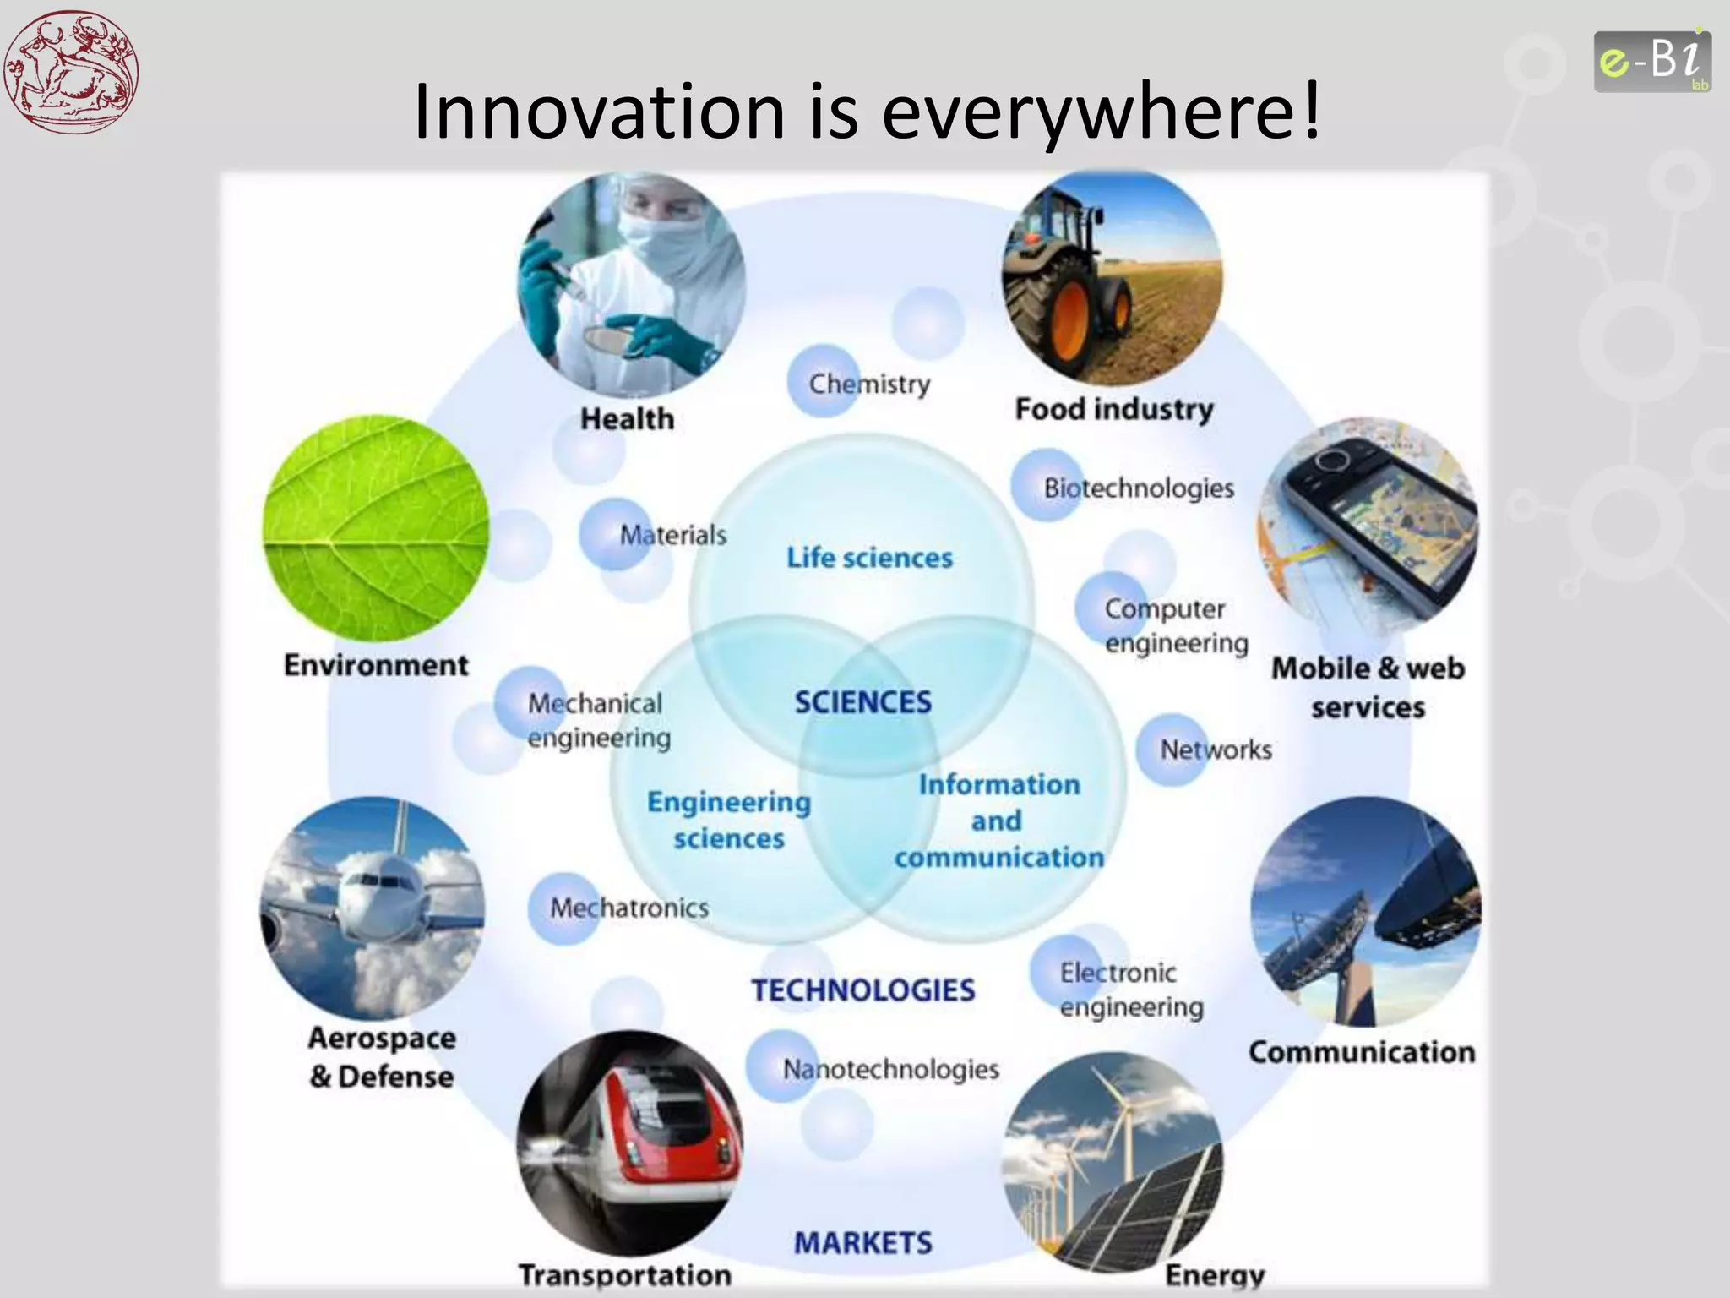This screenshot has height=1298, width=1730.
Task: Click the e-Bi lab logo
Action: (1651, 61)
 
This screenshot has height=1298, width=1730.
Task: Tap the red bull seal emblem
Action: (71, 71)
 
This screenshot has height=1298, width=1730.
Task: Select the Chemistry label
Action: (869, 384)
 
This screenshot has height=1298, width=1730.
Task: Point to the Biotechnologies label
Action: (1138, 488)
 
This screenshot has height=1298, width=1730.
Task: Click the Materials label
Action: (672, 535)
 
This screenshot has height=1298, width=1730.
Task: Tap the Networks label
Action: (1215, 750)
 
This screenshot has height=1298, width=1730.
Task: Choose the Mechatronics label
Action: (629, 908)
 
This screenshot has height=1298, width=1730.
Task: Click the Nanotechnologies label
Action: (890, 1069)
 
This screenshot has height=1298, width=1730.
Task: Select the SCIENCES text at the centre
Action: (862, 702)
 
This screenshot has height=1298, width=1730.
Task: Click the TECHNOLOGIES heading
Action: (862, 990)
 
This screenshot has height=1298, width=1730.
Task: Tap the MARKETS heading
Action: (862, 1243)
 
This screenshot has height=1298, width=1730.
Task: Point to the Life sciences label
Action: (869, 558)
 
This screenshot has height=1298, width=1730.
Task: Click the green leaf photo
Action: (376, 528)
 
